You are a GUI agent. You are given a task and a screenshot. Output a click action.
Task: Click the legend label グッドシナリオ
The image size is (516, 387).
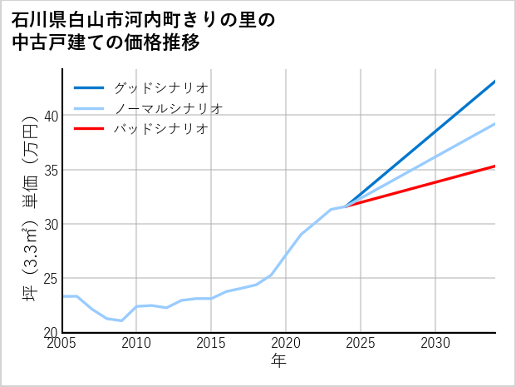(x=160, y=87)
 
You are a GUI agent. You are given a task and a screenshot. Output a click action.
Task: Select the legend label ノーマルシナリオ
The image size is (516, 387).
(x=168, y=108)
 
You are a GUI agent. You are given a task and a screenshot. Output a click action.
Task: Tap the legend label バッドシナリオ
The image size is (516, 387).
(x=160, y=129)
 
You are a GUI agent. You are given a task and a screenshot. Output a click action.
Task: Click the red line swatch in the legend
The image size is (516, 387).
(x=90, y=129)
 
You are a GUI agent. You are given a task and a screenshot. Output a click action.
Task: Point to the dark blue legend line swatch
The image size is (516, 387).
(x=90, y=87)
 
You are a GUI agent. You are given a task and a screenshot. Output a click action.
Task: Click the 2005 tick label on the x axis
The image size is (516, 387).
(x=62, y=343)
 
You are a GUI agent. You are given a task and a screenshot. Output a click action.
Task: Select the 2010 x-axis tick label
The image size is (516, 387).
(x=136, y=343)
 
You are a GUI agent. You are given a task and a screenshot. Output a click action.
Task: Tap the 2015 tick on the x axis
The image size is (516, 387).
(x=211, y=343)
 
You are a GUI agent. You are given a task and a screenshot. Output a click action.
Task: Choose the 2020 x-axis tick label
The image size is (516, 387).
(x=286, y=343)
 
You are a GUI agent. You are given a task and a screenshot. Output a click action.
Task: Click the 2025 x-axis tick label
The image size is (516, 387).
(x=361, y=343)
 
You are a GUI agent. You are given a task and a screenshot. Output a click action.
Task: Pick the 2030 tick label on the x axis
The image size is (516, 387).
(x=435, y=343)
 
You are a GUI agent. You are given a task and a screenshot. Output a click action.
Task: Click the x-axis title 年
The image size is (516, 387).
(x=278, y=361)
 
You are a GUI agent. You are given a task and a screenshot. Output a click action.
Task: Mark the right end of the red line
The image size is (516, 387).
(x=495, y=166)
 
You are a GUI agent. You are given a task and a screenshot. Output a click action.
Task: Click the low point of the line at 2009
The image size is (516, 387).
(x=122, y=320)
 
